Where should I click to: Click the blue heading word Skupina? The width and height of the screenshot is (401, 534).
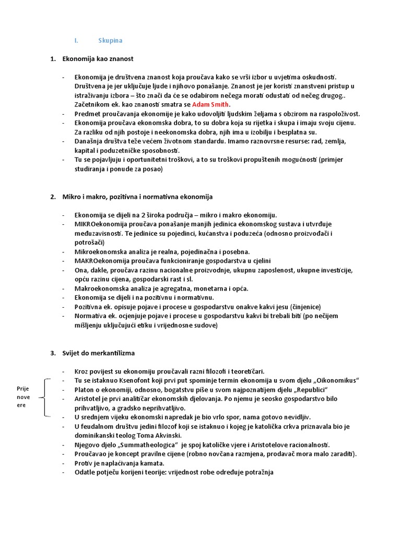coord(110,41)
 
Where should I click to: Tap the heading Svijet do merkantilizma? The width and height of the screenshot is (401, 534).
coord(98,353)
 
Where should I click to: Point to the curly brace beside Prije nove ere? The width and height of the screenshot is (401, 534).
coord(46,397)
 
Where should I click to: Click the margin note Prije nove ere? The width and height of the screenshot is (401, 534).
coord(24,397)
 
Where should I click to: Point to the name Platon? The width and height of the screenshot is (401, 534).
coord(85,390)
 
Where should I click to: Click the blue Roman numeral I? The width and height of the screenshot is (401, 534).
coord(76,41)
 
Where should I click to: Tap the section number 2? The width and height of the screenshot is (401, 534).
coord(53,197)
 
